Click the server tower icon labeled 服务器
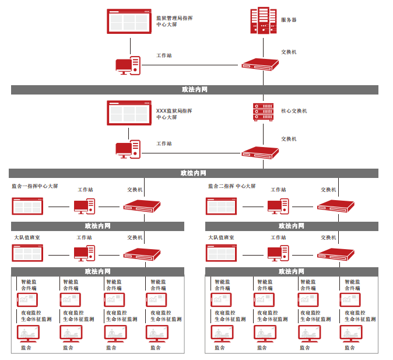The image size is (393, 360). pyautogui.click(x=262, y=22)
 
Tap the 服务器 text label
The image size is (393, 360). pyautogui.click(x=289, y=20)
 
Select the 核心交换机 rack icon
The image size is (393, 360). pyautogui.click(x=263, y=111)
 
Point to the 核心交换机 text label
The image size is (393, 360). pyautogui.click(x=294, y=110)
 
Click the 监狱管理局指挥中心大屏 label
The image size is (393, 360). pyautogui.click(x=175, y=22)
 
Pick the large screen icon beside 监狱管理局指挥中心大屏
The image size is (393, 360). pyautogui.click(x=129, y=21)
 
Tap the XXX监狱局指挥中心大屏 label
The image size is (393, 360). pyautogui.click(x=174, y=114)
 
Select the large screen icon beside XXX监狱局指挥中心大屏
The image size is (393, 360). pyautogui.click(x=129, y=113)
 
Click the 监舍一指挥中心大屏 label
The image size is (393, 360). pyautogui.click(x=35, y=186)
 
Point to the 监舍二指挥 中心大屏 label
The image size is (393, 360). pyautogui.click(x=232, y=186)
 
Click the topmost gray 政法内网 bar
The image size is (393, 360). pyautogui.click(x=195, y=90)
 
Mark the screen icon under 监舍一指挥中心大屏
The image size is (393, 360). pyautogui.click(x=27, y=206)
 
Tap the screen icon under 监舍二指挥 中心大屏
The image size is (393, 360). pyautogui.click(x=221, y=206)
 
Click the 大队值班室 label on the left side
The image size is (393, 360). pyautogui.click(x=27, y=237)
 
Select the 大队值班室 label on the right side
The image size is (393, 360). pyautogui.click(x=221, y=237)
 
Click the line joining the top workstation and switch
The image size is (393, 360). pyautogui.click(x=192, y=65)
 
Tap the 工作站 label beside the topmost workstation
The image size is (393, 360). pyautogui.click(x=164, y=55)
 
